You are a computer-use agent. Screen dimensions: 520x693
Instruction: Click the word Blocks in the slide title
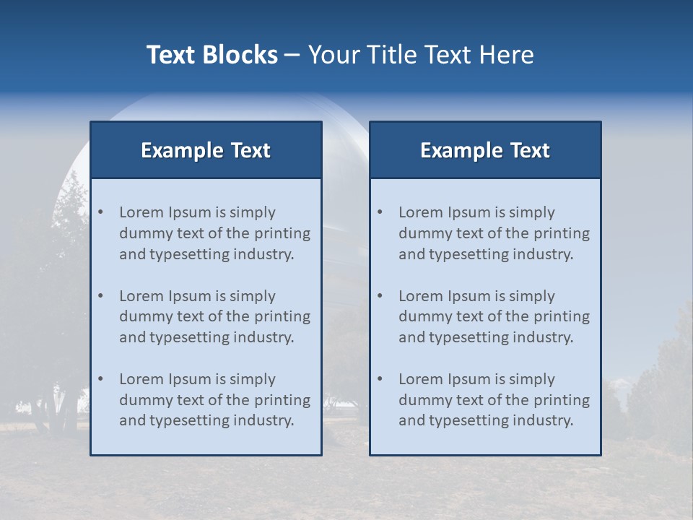241,55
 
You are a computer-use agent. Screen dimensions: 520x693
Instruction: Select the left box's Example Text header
206,150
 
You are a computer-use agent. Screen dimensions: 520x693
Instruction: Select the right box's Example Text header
485,150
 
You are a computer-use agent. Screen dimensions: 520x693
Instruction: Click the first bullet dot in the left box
101,212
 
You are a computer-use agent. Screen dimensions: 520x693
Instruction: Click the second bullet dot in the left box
101,296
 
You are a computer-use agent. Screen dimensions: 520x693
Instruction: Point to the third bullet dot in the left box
101,379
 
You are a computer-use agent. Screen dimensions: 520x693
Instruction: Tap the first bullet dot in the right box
380,212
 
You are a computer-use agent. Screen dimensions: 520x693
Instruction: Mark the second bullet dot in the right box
380,296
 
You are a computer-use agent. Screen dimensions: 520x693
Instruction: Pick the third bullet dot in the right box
380,379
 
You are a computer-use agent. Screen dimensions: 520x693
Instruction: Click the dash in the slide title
292,55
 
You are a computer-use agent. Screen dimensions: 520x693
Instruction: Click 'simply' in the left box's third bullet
253,379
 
